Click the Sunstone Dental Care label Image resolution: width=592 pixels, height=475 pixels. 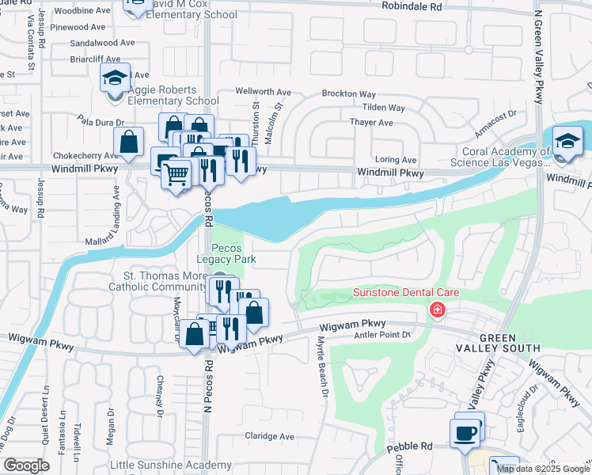(405, 293)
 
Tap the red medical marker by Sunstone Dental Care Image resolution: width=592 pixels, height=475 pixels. (436, 311)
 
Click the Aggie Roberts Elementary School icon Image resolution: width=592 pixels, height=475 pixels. (115, 78)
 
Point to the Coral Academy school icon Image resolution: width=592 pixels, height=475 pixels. (567, 141)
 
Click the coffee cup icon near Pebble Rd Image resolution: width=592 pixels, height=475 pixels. (465, 433)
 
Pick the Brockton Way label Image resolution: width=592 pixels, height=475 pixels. (348, 93)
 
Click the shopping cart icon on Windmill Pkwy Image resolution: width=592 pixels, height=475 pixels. (176, 173)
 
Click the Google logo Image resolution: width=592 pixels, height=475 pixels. (26, 465)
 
